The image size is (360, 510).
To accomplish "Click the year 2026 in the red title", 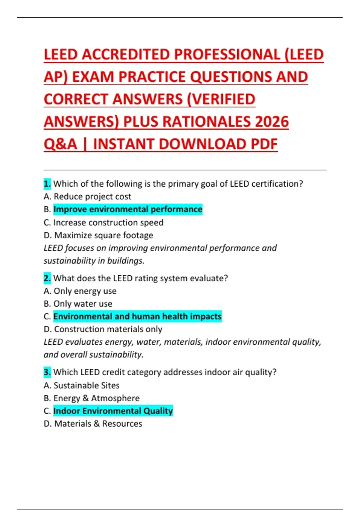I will tap(271, 121).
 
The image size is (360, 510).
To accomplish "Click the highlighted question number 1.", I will tap(47, 184).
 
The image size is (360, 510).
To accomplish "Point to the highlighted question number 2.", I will tap(47, 278).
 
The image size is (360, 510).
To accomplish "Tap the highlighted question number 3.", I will tap(47, 372).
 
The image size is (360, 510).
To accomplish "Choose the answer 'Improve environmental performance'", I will tap(128, 209).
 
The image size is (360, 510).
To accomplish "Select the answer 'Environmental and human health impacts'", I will tap(137, 316).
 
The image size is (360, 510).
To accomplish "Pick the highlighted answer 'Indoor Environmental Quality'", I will tap(113, 411).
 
